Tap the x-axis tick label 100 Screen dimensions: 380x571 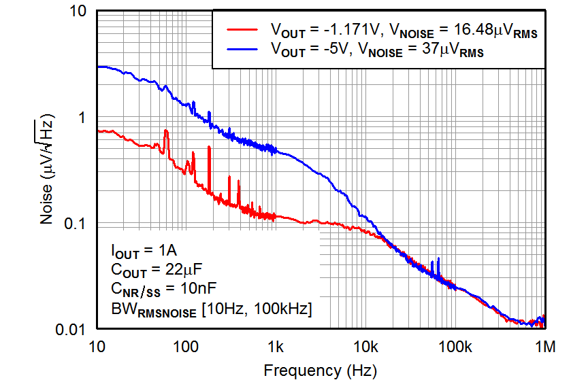coord(186,348)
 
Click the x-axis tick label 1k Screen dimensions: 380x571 coord(276,348)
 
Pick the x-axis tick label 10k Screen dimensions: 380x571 coord(365,348)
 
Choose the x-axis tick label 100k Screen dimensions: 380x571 coord(455,348)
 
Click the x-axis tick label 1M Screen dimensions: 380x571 coord(544,348)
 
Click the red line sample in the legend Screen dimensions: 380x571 coord(242,30)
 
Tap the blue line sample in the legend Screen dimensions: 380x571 coord(242,50)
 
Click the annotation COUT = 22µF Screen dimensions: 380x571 coord(151,270)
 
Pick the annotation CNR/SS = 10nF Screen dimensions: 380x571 coord(157,290)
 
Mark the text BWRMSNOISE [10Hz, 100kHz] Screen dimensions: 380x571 coord(211,309)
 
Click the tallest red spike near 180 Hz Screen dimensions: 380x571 coord(209,148)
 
